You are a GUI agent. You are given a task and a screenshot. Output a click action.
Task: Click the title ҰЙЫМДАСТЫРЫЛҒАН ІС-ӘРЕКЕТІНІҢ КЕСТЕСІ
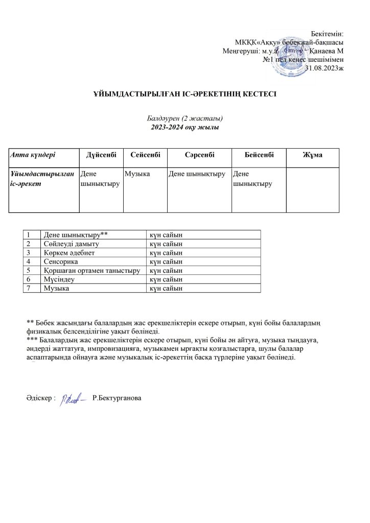[184, 94]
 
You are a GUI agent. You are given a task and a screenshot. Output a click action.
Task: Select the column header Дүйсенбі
[101, 155]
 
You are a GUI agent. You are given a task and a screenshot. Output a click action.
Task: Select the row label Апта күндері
[33, 155]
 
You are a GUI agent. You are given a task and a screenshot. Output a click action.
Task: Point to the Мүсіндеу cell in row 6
[59, 279]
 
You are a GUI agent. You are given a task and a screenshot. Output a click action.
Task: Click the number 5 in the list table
[30, 270]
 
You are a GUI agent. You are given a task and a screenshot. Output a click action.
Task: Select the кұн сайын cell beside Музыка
[166, 288]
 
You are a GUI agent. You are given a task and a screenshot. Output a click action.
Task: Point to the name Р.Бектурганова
[116, 398]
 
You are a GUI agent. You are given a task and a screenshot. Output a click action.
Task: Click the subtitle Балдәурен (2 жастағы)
[184, 118]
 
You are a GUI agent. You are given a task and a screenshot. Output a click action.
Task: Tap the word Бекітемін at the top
[327, 33]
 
